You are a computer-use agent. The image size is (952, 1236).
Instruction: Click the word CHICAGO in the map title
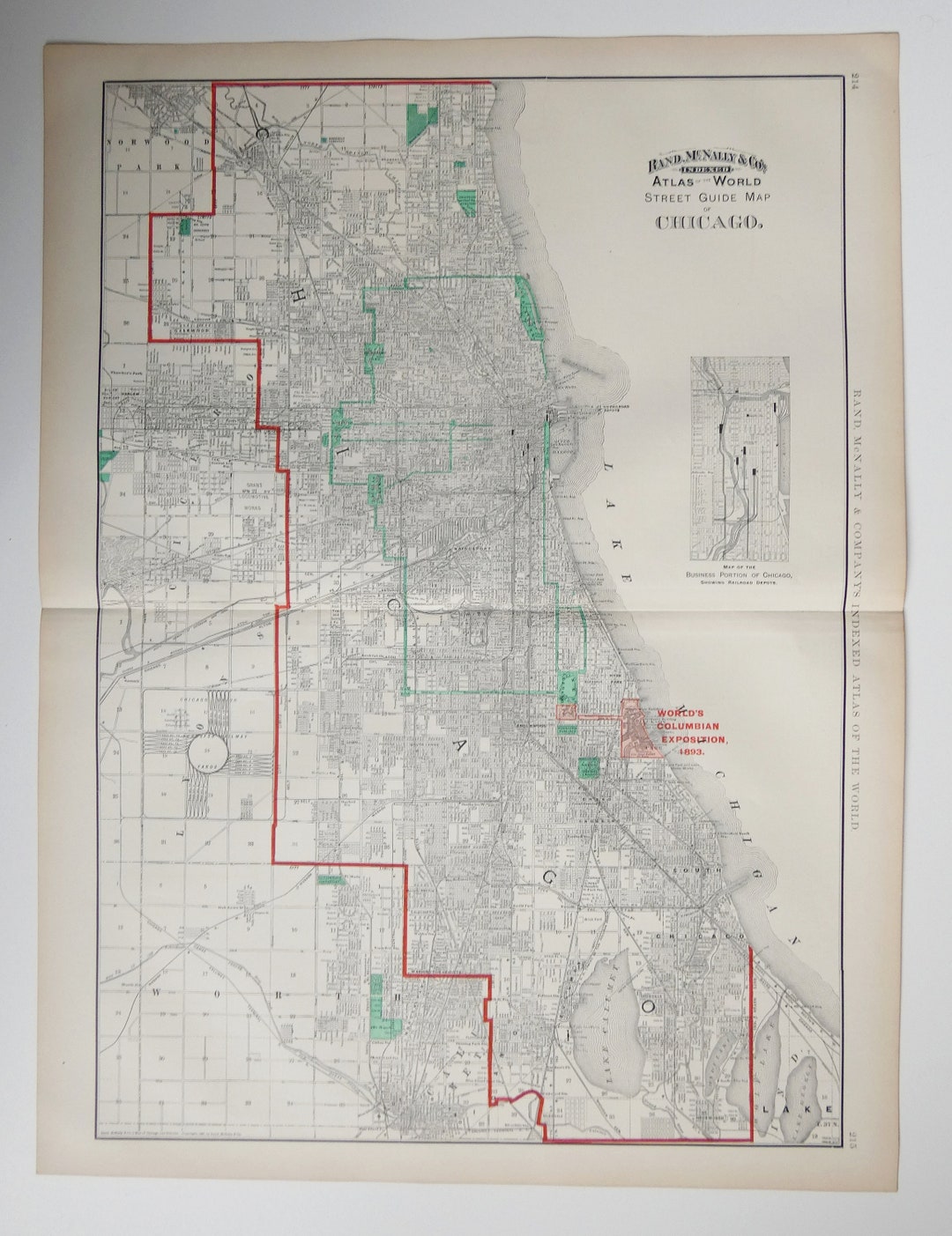click(707, 222)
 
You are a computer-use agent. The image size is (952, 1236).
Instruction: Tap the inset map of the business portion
click(740, 458)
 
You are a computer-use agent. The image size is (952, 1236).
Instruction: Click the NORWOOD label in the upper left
click(145, 141)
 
